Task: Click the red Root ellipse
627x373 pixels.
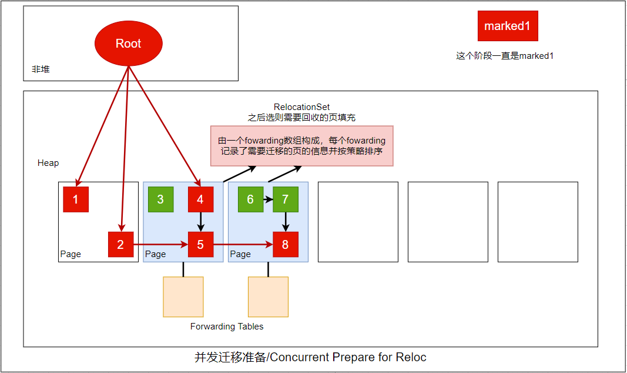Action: pos(128,43)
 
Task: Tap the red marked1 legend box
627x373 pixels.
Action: pos(508,26)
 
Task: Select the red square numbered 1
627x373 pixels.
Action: pos(76,199)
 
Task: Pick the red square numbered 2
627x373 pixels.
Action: pos(121,245)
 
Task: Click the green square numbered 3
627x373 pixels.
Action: pos(161,199)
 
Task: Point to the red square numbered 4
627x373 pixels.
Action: pos(201,199)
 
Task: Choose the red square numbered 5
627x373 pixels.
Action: pos(201,245)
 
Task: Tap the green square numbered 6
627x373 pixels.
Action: pos(251,199)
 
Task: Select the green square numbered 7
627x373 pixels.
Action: pos(286,199)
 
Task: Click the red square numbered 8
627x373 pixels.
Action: pos(286,245)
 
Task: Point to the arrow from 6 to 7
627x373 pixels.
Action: pos(269,199)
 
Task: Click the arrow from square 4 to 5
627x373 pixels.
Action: pos(201,222)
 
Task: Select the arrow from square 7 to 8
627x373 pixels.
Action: pos(286,222)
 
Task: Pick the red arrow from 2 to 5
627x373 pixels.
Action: pos(161,244)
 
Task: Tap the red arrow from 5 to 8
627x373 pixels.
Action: pos(243,244)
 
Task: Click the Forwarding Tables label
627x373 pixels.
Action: pos(227,327)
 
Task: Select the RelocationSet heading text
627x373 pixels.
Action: pos(301,107)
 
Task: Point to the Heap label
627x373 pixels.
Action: pos(48,163)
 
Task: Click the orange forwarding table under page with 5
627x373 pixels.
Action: pos(183,297)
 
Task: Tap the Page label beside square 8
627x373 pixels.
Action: pos(240,254)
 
